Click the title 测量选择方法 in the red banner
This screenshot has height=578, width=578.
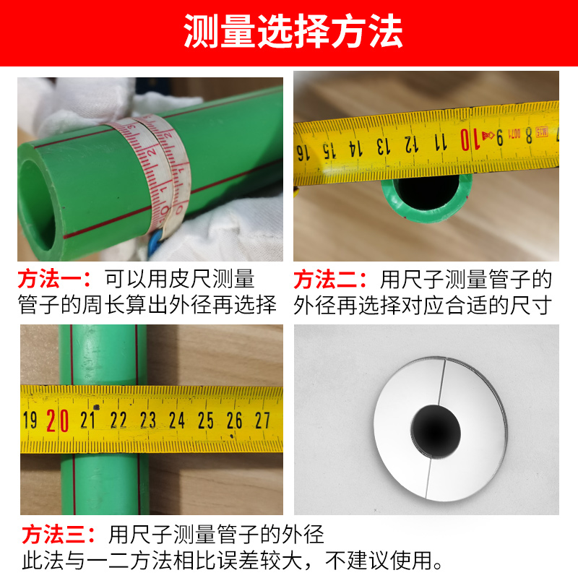coord(293,31)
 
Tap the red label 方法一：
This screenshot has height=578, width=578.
coord(55,279)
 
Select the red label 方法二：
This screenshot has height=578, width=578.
coord(331,280)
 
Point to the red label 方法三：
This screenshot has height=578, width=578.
coord(59,535)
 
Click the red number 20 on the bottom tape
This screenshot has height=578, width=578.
coord(58,420)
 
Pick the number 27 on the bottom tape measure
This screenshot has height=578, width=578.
coord(262,420)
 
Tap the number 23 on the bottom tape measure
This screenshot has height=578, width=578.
coord(148,420)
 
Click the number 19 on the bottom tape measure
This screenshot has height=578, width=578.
coord(30,420)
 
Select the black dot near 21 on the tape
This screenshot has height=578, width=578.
coord(97,407)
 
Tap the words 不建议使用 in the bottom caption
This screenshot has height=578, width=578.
coord(379,561)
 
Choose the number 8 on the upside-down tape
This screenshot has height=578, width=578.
coord(529,136)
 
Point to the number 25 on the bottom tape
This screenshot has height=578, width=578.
coord(205,420)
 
